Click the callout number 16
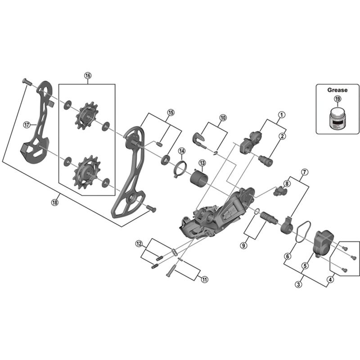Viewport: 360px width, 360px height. click(87, 76)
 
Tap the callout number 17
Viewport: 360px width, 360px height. click(27, 125)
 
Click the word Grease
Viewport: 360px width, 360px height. click(337, 90)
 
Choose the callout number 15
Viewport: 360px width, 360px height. click(170, 112)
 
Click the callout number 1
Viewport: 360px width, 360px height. click(281, 114)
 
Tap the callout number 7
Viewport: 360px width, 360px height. click(305, 172)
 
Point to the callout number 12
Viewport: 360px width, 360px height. click(139, 243)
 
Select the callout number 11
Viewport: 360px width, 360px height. click(204, 279)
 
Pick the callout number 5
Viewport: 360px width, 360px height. click(304, 266)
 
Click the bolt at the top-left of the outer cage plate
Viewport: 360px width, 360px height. click(25, 82)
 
